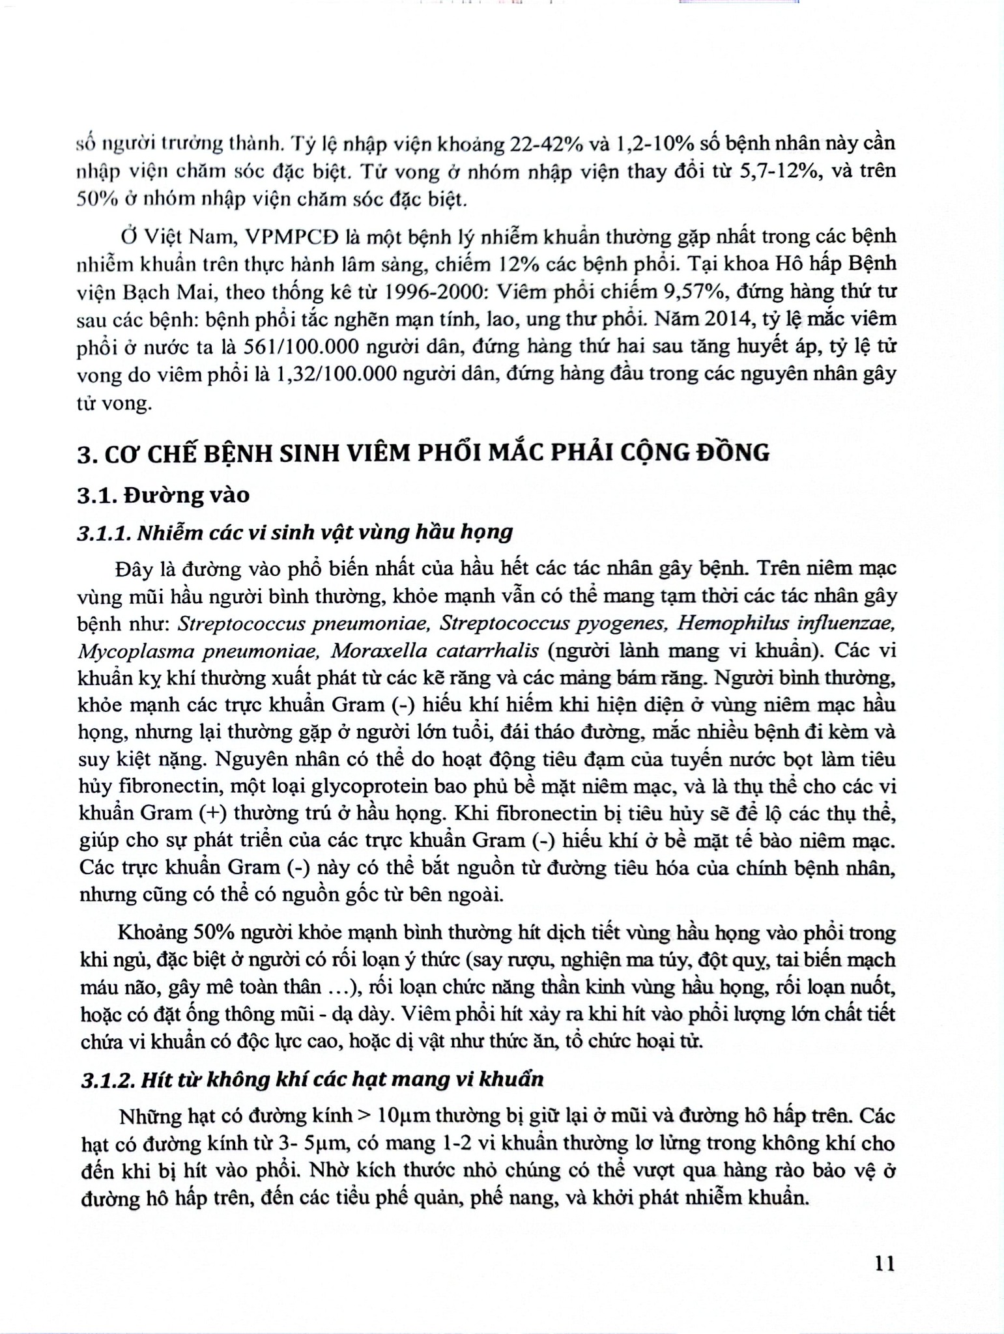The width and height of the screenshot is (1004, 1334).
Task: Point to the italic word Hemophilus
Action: [723, 623]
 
